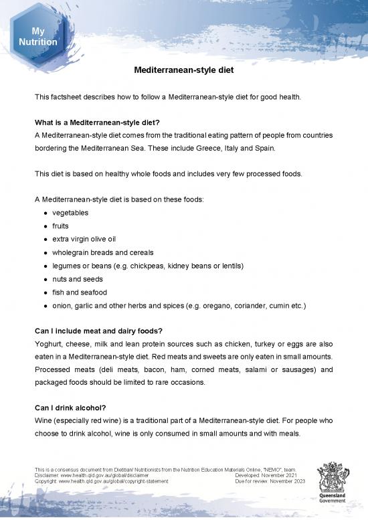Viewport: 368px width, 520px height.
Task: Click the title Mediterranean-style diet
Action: tap(183, 70)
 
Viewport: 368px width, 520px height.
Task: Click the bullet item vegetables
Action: tap(70, 212)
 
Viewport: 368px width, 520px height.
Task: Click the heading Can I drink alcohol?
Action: tap(76, 408)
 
